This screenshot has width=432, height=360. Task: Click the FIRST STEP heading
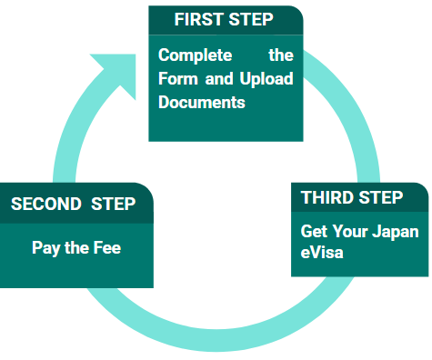click(x=223, y=19)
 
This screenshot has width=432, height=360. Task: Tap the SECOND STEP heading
click(x=73, y=204)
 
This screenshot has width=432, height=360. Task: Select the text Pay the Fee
click(x=76, y=247)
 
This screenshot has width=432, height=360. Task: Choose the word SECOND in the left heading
click(x=46, y=204)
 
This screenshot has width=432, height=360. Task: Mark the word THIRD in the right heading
click(x=328, y=197)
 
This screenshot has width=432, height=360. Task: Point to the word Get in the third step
click(x=314, y=231)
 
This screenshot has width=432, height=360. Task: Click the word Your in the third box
click(x=350, y=231)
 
